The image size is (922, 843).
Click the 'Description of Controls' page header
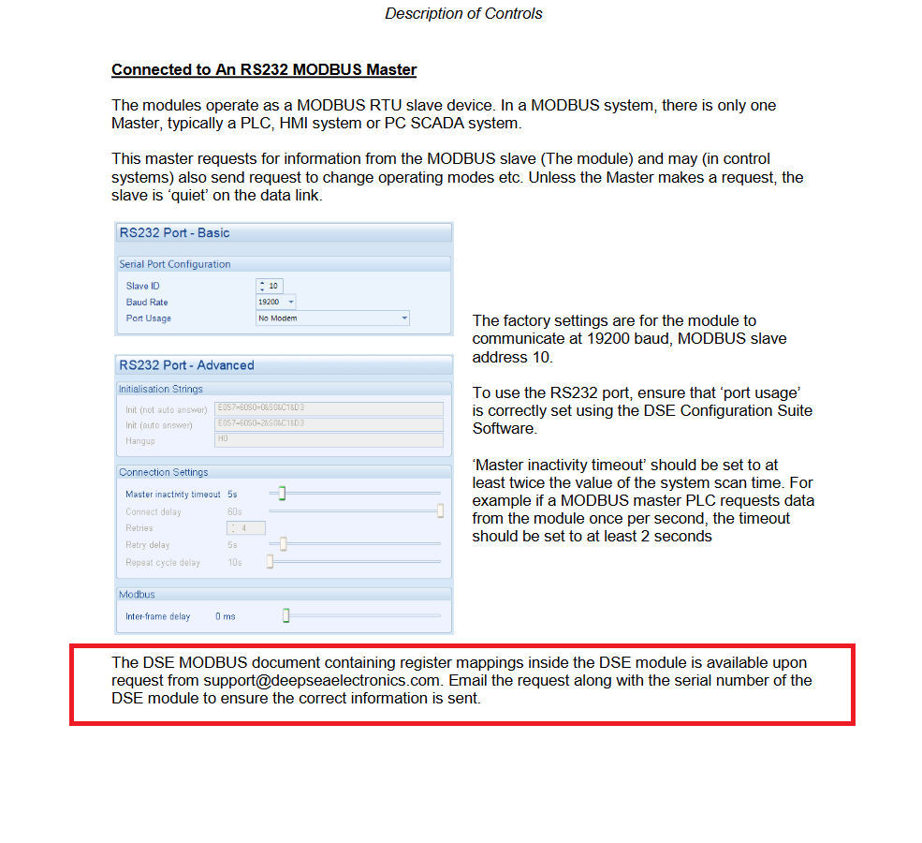[463, 14]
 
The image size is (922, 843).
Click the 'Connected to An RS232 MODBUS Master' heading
[264, 70]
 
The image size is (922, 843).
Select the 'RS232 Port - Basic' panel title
[174, 233]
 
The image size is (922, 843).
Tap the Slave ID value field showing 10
[273, 286]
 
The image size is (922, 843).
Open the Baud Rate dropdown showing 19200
[276, 302]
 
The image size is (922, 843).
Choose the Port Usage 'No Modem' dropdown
[332, 318]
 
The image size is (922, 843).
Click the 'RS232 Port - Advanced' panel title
[186, 365]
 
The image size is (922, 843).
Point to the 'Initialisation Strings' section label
[161, 389]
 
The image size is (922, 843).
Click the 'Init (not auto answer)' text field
[328, 408]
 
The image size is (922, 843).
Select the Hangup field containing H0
[328, 439]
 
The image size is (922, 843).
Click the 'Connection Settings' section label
[164, 472]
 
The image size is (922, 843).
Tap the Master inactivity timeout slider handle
[281, 494]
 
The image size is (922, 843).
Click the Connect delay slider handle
[440, 511]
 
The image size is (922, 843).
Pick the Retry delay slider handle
[283, 545]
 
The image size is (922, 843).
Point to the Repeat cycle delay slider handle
[270, 562]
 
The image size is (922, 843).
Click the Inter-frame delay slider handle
[285, 615]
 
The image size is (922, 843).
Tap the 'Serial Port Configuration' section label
[175, 264]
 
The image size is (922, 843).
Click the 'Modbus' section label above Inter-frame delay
[137, 595]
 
